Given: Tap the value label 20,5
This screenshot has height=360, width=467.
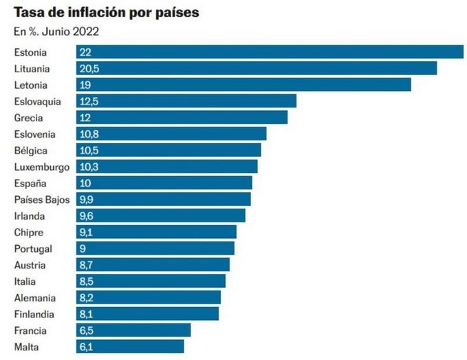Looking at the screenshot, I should [x=89, y=68].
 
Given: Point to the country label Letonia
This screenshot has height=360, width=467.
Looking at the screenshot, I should [x=30, y=85].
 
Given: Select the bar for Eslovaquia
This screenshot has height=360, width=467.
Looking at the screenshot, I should [x=186, y=101].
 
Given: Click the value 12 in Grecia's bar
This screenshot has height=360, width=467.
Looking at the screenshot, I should [x=85, y=118].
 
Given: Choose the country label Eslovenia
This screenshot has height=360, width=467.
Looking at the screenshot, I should [x=34, y=134].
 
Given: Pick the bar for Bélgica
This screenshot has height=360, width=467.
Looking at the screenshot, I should [x=169, y=150].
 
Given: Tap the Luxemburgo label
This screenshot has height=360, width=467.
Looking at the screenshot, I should [x=41, y=167].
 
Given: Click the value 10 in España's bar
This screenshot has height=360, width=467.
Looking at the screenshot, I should [x=85, y=183].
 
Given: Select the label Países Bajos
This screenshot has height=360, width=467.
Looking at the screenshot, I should [x=41, y=200].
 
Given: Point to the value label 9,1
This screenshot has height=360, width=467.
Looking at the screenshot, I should [x=87, y=232].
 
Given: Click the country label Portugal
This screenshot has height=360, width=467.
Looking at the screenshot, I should [x=33, y=248].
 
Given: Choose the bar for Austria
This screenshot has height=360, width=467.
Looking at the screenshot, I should [x=153, y=265].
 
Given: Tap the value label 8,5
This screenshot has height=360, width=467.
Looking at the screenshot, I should [x=87, y=282].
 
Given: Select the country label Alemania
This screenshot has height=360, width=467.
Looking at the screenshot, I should [x=34, y=298].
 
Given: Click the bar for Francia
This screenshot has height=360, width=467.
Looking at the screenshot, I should [x=133, y=330].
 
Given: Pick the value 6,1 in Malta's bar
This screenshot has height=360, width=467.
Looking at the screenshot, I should [x=87, y=347].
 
